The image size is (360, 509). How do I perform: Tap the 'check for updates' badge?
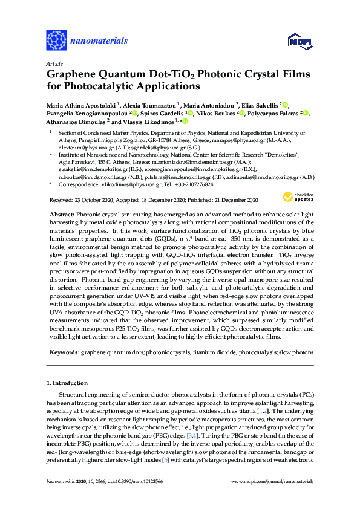(296, 196)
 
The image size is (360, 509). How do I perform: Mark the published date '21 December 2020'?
(233, 199)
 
